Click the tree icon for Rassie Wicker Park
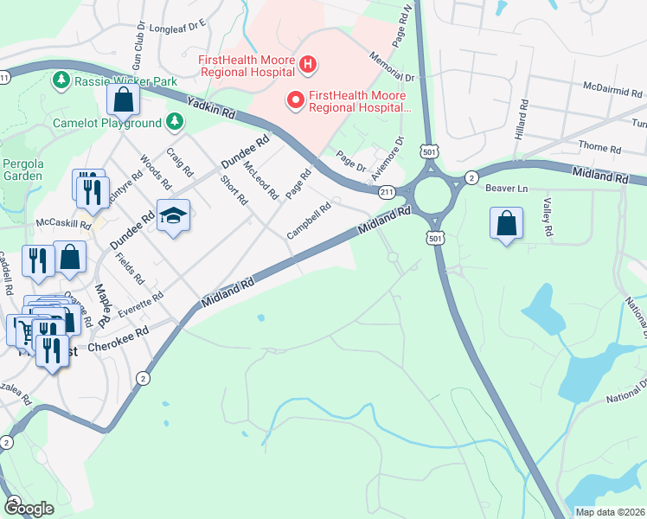[x=61, y=81]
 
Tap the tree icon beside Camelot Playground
[x=176, y=122]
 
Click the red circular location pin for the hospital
[x=296, y=100]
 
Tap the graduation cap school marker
[x=173, y=216]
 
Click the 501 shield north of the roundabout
[x=430, y=151]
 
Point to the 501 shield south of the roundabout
[x=435, y=237]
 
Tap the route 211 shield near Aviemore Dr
[x=387, y=191]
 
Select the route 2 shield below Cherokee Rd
[x=143, y=378]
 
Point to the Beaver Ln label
[x=507, y=188]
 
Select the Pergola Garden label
[x=22, y=168]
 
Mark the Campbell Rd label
[x=310, y=221]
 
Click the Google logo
[x=29, y=509]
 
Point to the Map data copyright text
[x=609, y=511]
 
